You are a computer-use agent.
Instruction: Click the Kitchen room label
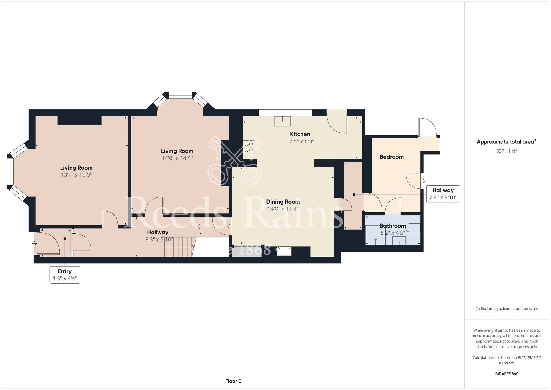coord(300,134)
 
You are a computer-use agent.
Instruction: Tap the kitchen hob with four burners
coord(249,147)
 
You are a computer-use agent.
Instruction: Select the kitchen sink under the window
coord(282,122)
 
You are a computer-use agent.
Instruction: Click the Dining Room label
coord(283,202)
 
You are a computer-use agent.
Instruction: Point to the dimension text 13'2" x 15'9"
coord(76,175)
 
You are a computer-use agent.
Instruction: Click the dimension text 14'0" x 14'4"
coord(177,158)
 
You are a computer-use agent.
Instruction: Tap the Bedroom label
coord(391,157)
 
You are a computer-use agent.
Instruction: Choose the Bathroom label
coord(393,226)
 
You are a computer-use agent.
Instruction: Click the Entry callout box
coord(65,275)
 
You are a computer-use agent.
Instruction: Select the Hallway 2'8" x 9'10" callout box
coord(443,194)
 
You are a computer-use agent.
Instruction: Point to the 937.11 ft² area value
coord(507,151)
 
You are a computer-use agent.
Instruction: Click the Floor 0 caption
coord(233,381)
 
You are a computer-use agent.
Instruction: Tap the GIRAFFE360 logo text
coord(507,374)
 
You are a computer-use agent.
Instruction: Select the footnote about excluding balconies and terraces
coord(507,309)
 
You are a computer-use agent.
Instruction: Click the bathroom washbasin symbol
coord(399,241)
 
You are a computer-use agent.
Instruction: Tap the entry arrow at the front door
coord(35,243)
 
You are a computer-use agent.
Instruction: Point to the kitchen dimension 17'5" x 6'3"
coord(300,141)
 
